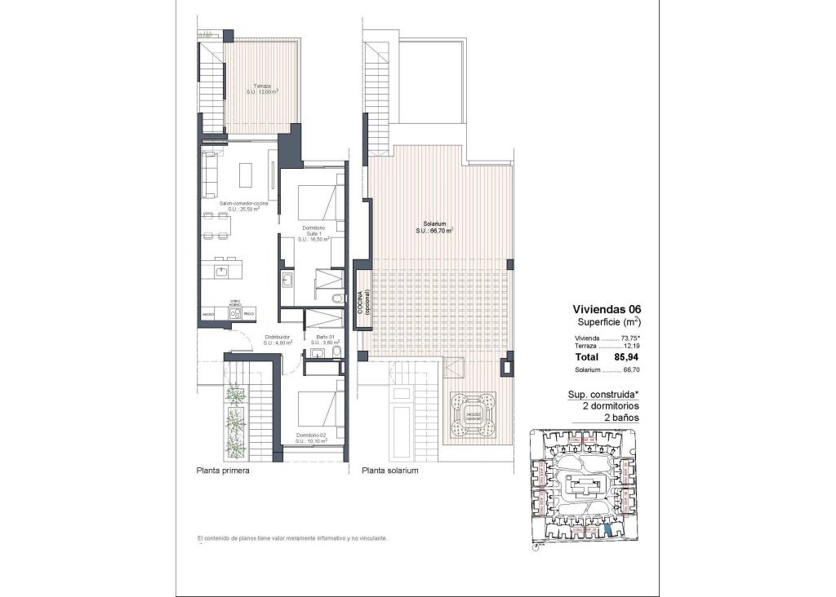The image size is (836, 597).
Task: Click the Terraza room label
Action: pyautogui.click(x=262, y=89)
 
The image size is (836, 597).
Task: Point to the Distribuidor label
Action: pyautogui.click(x=278, y=339)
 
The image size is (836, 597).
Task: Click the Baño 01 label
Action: pyautogui.click(x=322, y=339)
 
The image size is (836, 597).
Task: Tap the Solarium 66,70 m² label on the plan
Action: pyautogui.click(x=433, y=227)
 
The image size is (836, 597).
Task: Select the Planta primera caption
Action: pyautogui.click(x=223, y=471)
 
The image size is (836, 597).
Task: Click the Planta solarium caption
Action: pyautogui.click(x=390, y=471)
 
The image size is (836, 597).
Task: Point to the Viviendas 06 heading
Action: pyautogui.click(x=607, y=309)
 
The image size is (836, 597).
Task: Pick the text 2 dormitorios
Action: pyautogui.click(x=610, y=405)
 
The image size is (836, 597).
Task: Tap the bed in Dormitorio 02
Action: pyautogui.click(x=313, y=408)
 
